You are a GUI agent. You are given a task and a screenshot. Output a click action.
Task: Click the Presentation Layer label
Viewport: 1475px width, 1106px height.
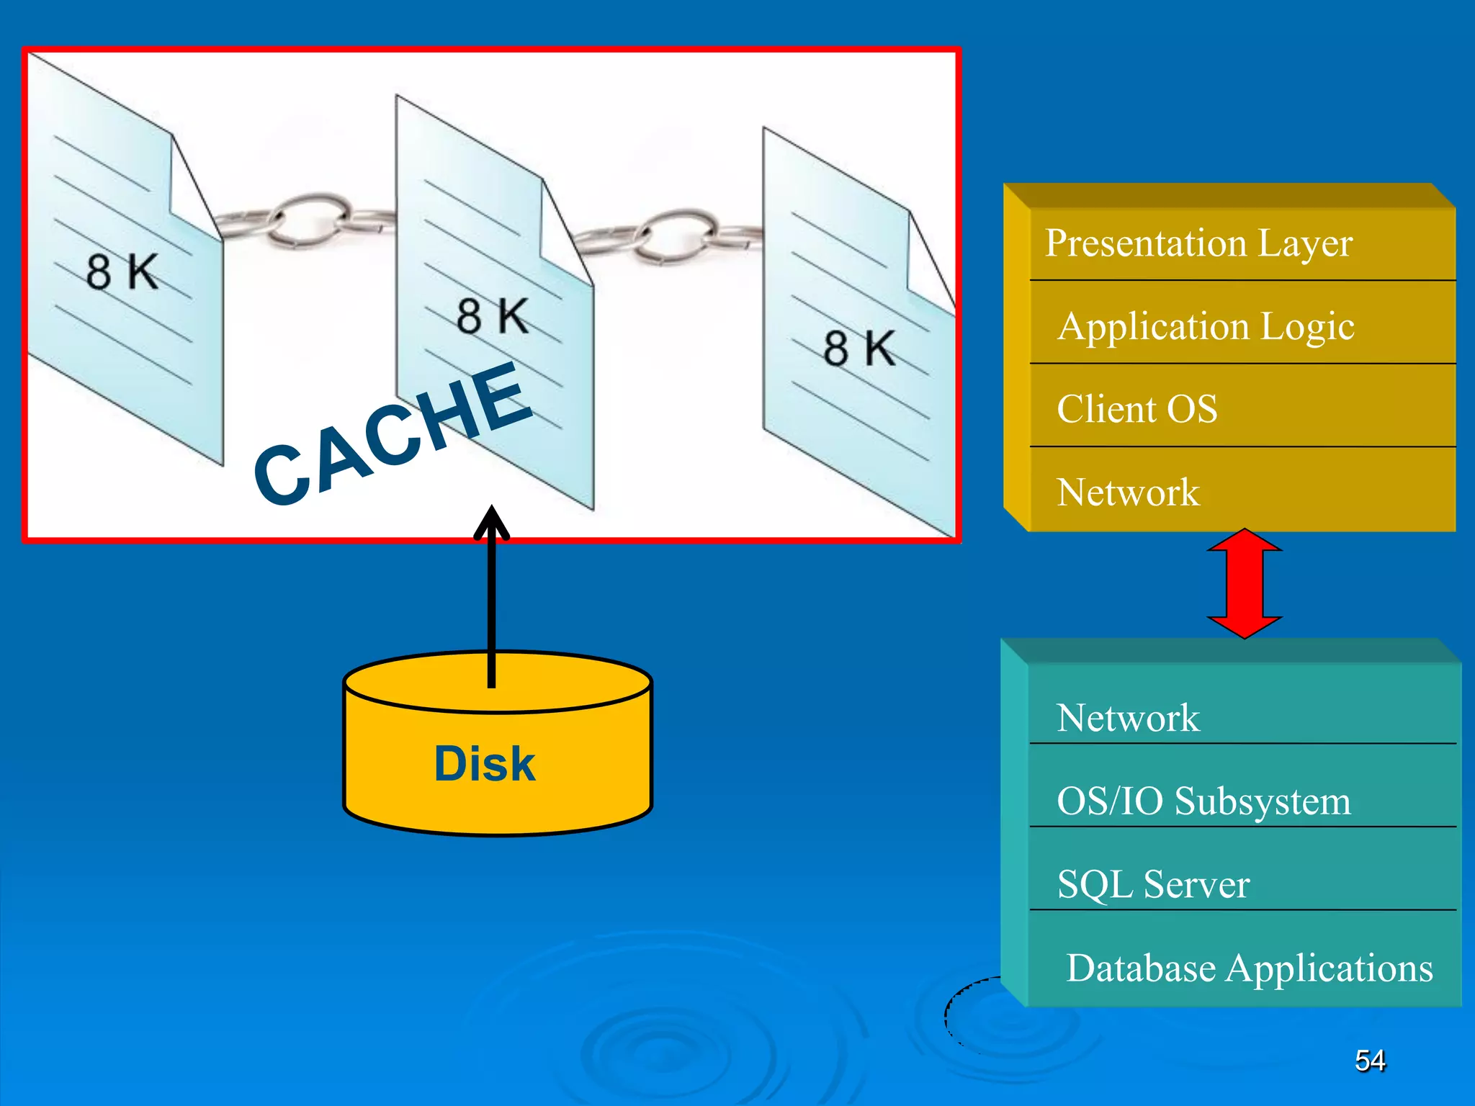(x=1198, y=243)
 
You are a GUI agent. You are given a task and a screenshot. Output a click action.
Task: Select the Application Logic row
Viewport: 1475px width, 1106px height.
(x=1206, y=326)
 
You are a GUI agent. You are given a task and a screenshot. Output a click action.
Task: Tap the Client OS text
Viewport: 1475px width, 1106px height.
(x=1136, y=409)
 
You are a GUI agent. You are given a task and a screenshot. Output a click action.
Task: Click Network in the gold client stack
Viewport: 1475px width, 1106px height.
(x=1128, y=493)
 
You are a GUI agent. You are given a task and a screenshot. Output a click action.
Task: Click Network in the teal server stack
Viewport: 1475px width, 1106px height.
(x=1128, y=718)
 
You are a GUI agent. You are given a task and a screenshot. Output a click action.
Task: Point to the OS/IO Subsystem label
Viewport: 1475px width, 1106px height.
(x=1203, y=801)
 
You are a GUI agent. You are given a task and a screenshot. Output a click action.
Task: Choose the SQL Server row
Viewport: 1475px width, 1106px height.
(x=1153, y=884)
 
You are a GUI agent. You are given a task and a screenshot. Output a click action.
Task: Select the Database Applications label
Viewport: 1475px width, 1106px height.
(x=1250, y=968)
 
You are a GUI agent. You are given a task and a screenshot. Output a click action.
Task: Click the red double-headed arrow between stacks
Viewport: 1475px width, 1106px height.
(x=1245, y=584)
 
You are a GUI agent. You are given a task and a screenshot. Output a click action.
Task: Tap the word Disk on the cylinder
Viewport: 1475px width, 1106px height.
(x=485, y=763)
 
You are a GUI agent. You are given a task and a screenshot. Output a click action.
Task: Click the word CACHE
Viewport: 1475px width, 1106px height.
(x=393, y=432)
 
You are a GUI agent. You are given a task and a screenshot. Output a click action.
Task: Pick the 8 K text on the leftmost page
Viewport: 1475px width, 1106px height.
(x=122, y=272)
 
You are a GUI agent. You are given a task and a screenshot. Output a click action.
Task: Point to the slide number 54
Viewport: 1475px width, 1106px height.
(x=1369, y=1060)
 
